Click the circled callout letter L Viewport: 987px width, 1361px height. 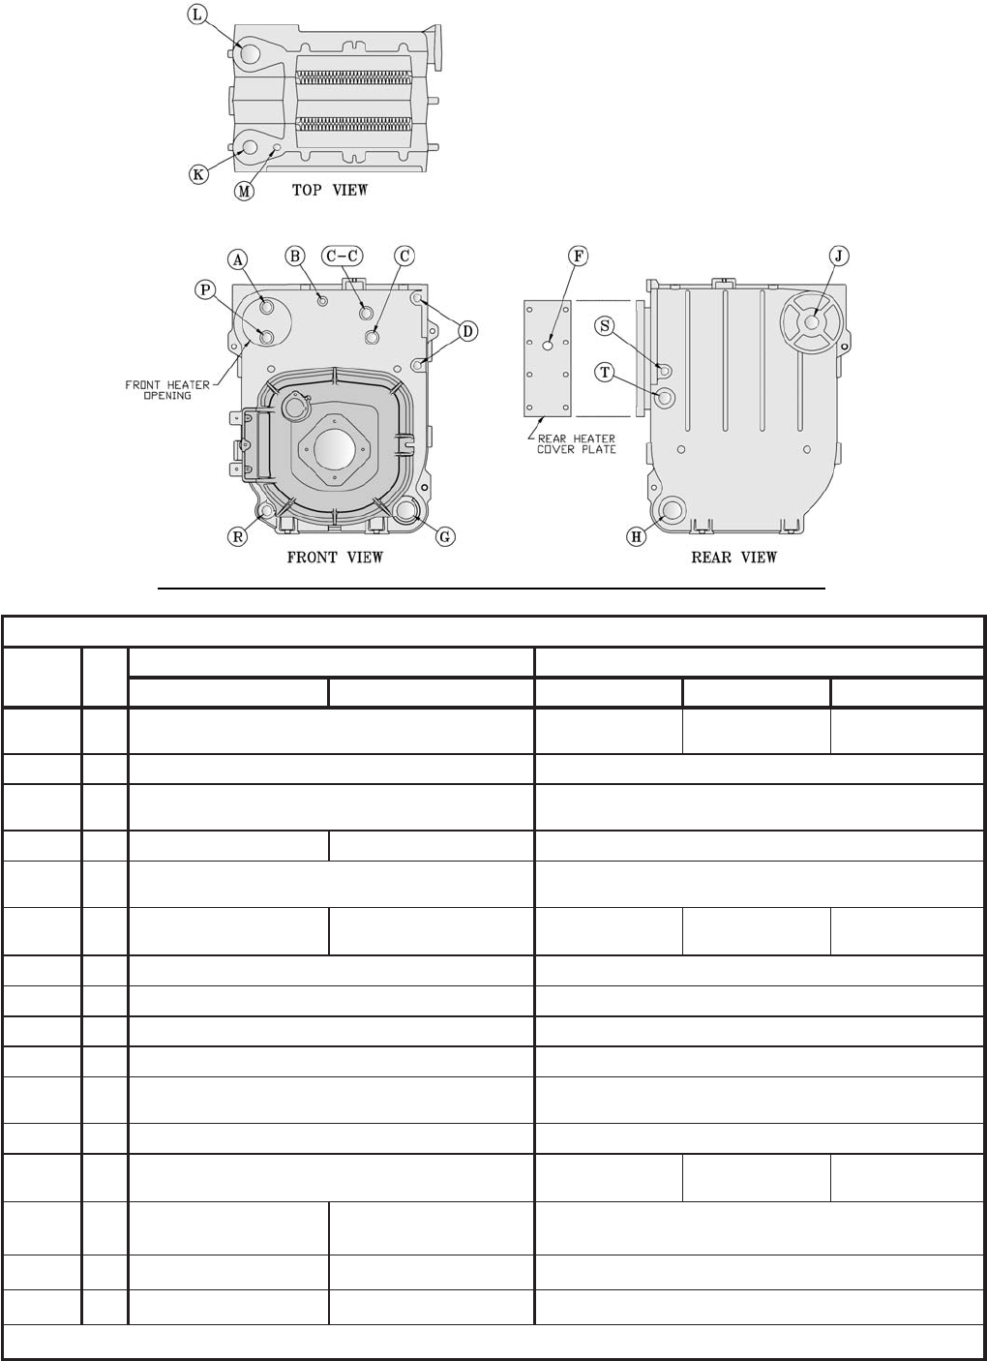coord(196,15)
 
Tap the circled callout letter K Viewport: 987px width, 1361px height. coord(198,174)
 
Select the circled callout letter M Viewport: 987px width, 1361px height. coord(244,191)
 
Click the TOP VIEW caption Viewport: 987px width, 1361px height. coord(330,190)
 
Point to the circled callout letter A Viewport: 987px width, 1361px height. coord(238,260)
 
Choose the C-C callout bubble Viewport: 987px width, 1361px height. coord(342,256)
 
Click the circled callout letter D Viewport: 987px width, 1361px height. coord(467,332)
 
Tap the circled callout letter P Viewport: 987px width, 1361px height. coord(205,289)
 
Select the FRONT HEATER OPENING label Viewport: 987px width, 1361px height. coord(167,390)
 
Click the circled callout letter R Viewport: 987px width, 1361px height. coord(237,536)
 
